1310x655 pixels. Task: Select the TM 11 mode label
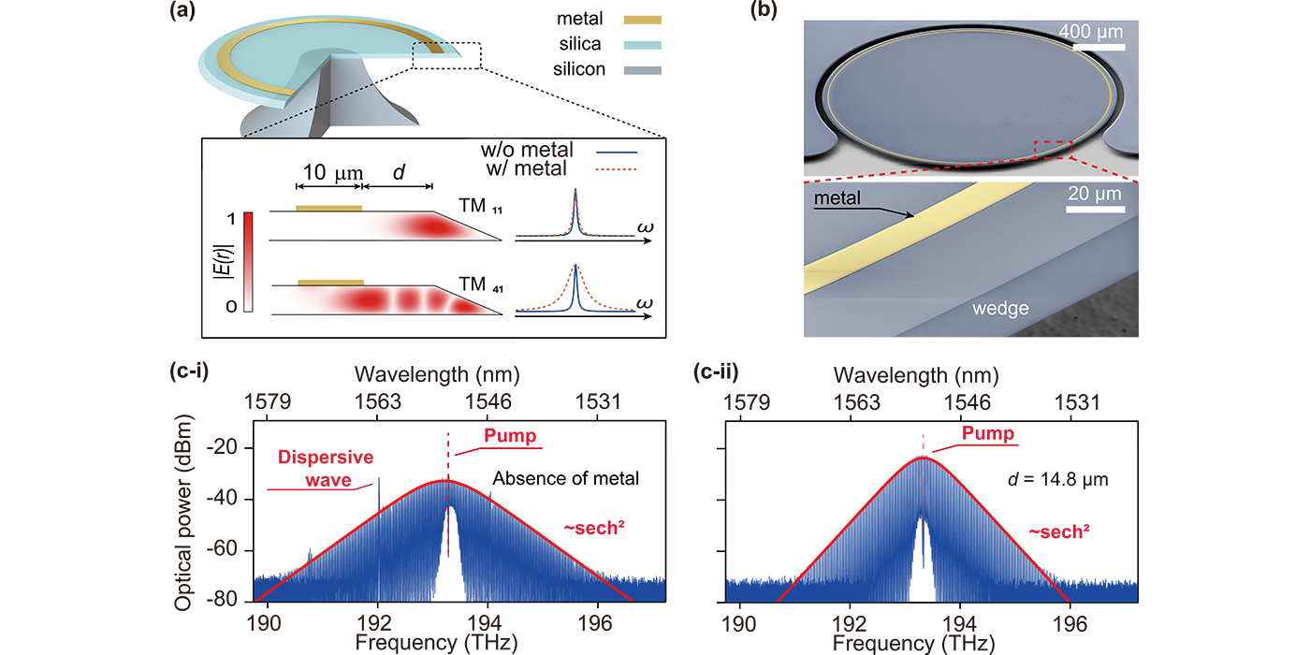pyautogui.click(x=474, y=203)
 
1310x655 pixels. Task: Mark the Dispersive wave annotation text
pyautogui.click(x=325, y=467)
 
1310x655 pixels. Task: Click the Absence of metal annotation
pyautogui.click(x=566, y=479)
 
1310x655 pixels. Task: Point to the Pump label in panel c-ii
pyautogui.click(x=989, y=435)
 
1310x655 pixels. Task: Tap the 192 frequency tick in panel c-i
pyautogui.click(x=377, y=619)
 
